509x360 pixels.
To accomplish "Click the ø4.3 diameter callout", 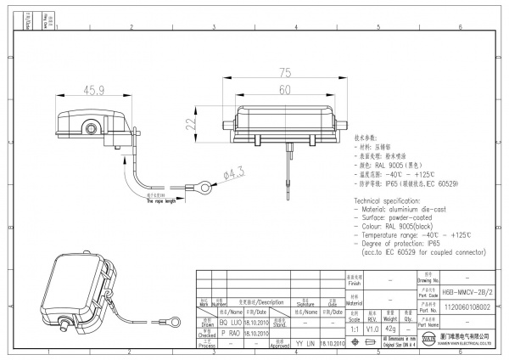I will (x=232, y=176).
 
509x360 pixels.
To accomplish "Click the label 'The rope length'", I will (x=159, y=201).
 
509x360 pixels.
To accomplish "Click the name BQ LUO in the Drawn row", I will (x=232, y=323).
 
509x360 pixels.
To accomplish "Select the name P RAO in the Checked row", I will (x=232, y=334).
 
